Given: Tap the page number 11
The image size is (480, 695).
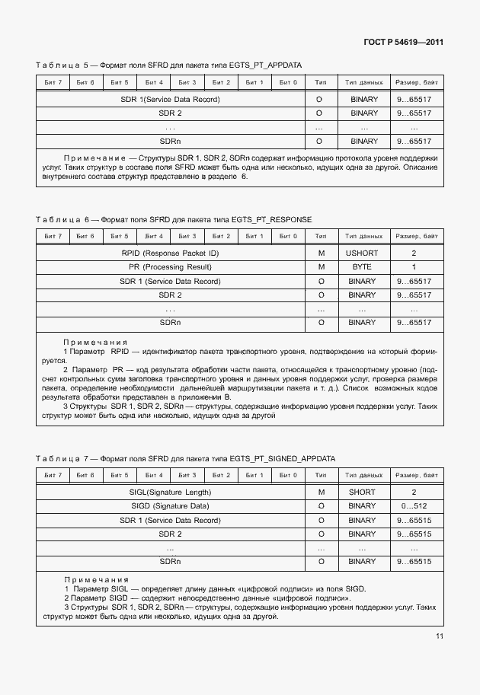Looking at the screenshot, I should point(440,636).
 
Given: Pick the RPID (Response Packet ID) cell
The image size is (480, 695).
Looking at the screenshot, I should point(170,253).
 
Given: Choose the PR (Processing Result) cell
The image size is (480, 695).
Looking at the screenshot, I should point(170,267).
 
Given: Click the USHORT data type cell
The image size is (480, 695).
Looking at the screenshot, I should point(363,253).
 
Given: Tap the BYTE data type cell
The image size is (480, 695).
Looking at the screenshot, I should point(363,267).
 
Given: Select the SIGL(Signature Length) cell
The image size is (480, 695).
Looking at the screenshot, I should point(170,492).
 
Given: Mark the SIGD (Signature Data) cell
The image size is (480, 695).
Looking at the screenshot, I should point(170,505).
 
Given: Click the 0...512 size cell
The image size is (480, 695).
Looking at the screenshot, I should point(414,505).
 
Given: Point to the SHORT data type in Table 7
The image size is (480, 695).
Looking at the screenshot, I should point(363,492).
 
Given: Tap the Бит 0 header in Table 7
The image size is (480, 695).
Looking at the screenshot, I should point(287,475).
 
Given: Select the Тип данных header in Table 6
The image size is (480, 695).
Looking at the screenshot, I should point(363,236).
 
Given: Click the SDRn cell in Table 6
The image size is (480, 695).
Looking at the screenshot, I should point(170,323).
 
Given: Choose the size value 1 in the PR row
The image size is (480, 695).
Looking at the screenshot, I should point(414,267).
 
